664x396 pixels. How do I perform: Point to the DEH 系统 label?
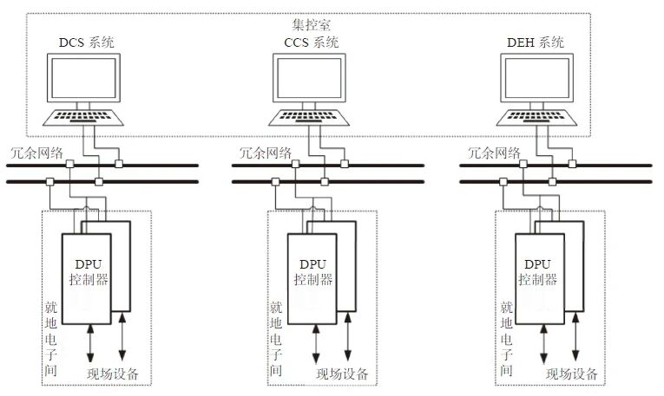click(x=535, y=42)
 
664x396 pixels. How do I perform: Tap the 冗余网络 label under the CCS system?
click(x=261, y=152)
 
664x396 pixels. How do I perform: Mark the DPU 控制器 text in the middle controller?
click(x=313, y=272)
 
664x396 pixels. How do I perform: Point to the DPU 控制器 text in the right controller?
click(x=539, y=272)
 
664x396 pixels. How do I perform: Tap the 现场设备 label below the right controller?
click(x=572, y=374)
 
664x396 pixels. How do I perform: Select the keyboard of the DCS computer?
click(x=84, y=117)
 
